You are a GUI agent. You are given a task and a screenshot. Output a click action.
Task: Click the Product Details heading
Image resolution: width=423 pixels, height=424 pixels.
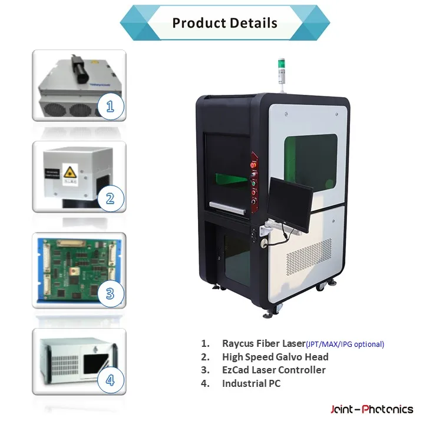(x=224, y=24)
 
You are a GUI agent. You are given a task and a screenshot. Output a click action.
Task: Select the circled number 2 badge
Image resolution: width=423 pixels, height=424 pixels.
(x=110, y=198)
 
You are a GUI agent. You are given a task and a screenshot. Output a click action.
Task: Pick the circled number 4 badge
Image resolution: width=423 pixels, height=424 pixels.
(x=110, y=380)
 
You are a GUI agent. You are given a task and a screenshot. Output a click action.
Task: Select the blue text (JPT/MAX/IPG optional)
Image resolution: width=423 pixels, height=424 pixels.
(x=345, y=344)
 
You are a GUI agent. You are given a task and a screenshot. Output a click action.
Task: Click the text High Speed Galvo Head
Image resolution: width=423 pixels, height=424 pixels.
(x=275, y=357)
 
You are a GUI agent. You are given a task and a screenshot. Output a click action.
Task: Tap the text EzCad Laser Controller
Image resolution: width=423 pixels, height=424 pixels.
(x=273, y=370)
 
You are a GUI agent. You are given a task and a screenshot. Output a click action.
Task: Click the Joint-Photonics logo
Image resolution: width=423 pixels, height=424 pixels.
(x=371, y=409)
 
